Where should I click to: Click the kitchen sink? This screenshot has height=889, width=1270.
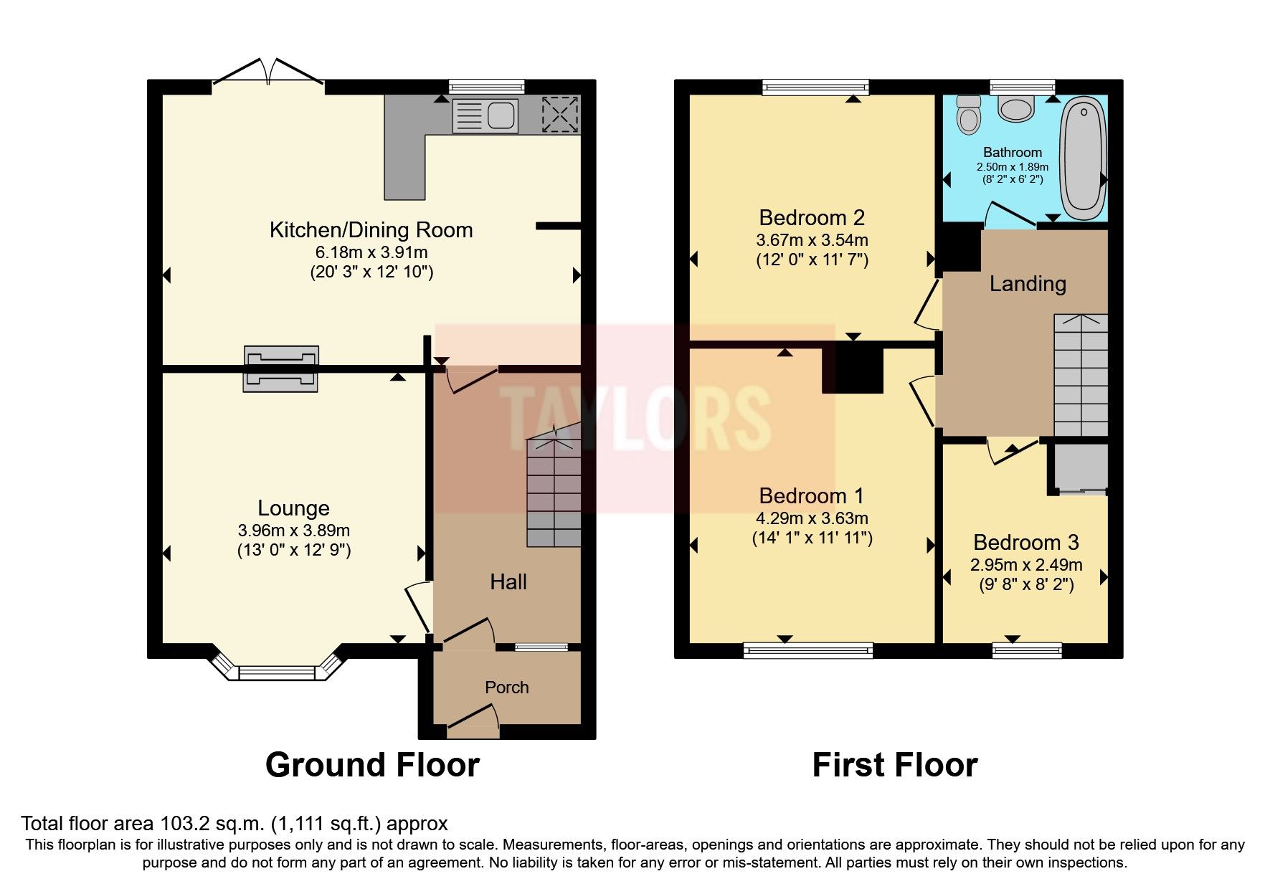pyautogui.click(x=485, y=115)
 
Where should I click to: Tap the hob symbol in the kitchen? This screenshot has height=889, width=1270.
pyautogui.click(x=560, y=114)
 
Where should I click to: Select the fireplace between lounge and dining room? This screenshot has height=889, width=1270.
pyautogui.click(x=280, y=369)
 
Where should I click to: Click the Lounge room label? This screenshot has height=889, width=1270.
pyautogui.click(x=293, y=508)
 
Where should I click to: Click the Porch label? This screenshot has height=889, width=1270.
pyautogui.click(x=506, y=687)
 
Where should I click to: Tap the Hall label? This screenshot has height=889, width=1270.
pyautogui.click(x=508, y=581)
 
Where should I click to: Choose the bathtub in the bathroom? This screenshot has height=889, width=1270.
pyautogui.click(x=1084, y=159)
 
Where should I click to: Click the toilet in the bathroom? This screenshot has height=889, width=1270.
pyautogui.click(x=968, y=115)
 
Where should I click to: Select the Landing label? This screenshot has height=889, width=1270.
pyautogui.click(x=1027, y=283)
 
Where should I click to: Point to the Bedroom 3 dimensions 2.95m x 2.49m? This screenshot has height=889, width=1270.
pyautogui.click(x=1025, y=565)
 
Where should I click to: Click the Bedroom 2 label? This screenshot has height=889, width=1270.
pyautogui.click(x=811, y=217)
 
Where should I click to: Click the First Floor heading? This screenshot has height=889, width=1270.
pyautogui.click(x=894, y=765)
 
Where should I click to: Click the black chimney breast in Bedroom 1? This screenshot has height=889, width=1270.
pyautogui.click(x=852, y=367)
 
